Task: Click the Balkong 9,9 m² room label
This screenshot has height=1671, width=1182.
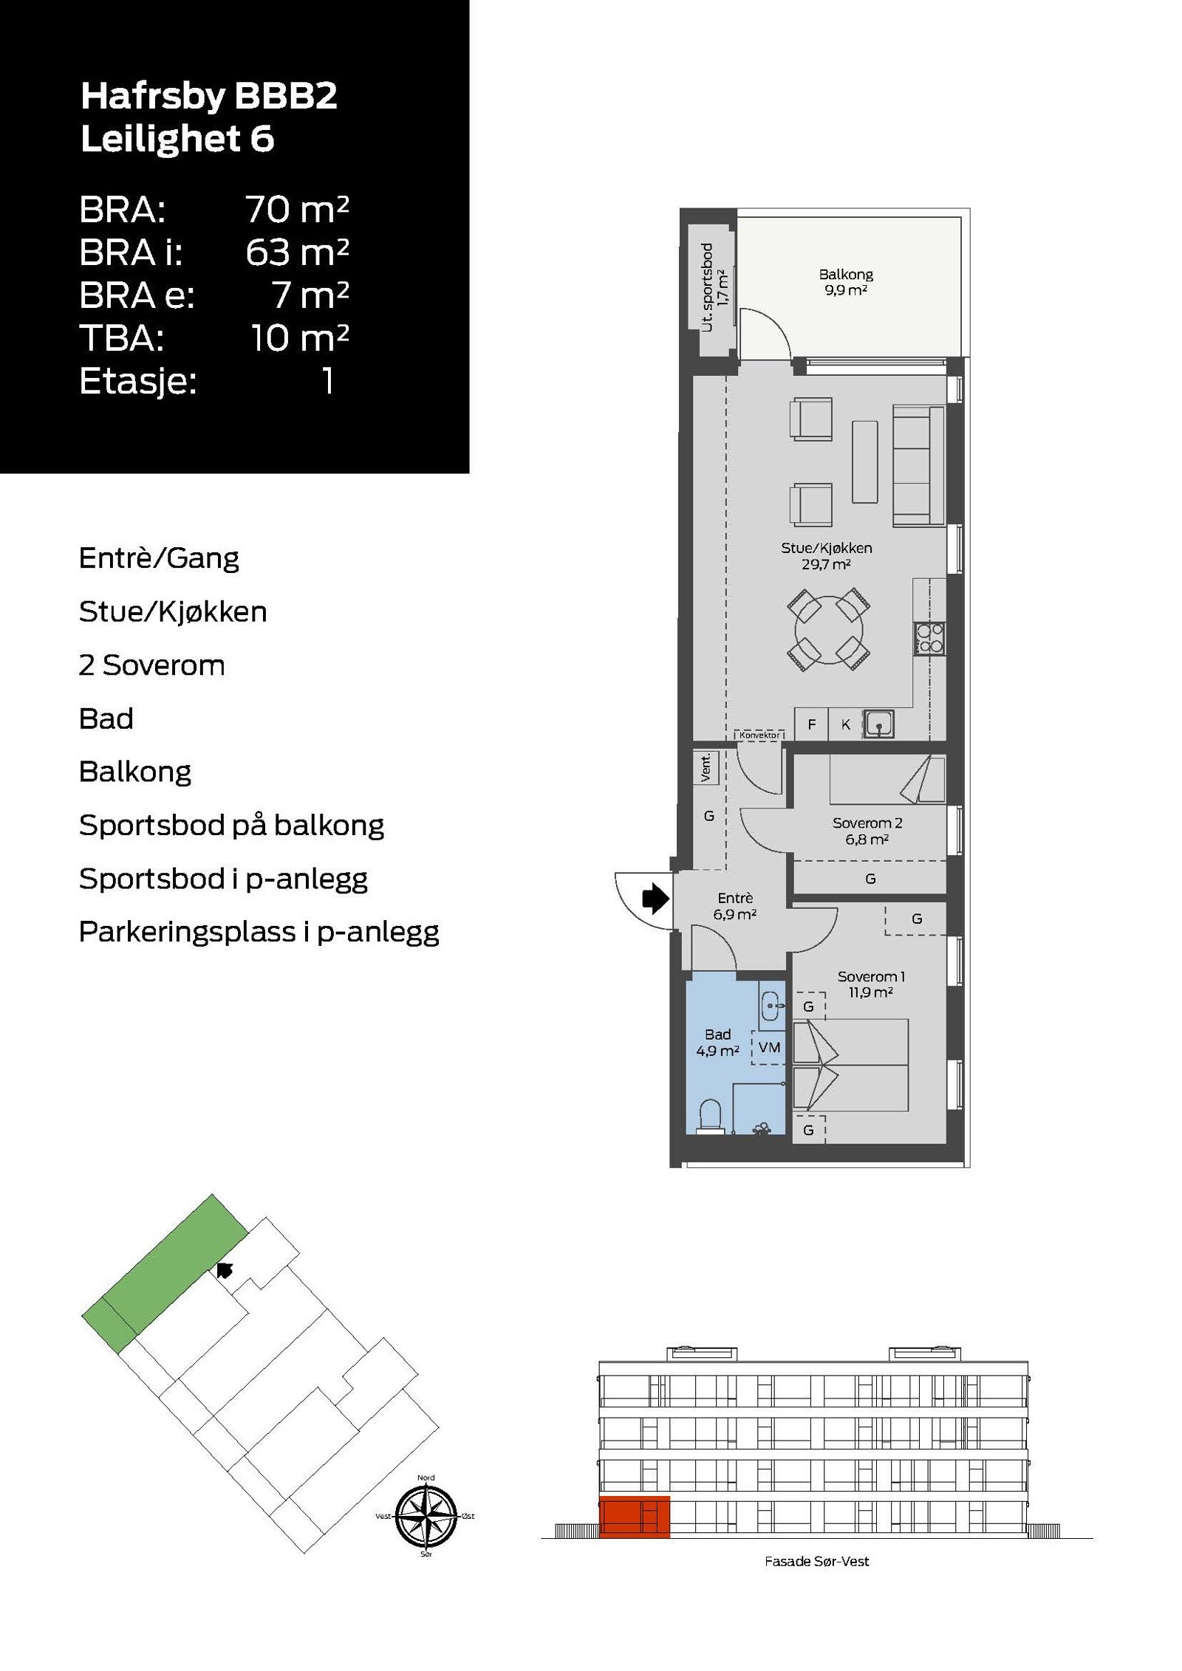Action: coord(846,281)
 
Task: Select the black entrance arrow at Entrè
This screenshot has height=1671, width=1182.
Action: coord(655,899)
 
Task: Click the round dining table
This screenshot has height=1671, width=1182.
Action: coord(828,629)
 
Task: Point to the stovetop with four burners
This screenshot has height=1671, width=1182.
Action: coord(929,638)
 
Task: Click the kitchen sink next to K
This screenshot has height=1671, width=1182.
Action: coord(879,724)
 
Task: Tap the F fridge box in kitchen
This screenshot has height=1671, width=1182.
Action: coord(811,724)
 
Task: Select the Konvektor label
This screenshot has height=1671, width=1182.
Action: coord(759,735)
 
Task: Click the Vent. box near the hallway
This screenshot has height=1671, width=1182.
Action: coord(706,768)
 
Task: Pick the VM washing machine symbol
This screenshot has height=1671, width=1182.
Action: coord(769,1047)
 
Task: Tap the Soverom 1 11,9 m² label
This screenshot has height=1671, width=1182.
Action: coord(871,984)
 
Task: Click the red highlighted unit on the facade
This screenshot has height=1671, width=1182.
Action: coord(634,1517)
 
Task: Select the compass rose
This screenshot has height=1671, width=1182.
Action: coord(426,1515)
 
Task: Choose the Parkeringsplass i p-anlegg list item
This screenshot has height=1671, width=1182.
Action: coord(259,932)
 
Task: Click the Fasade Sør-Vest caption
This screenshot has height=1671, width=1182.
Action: coord(816,1562)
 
